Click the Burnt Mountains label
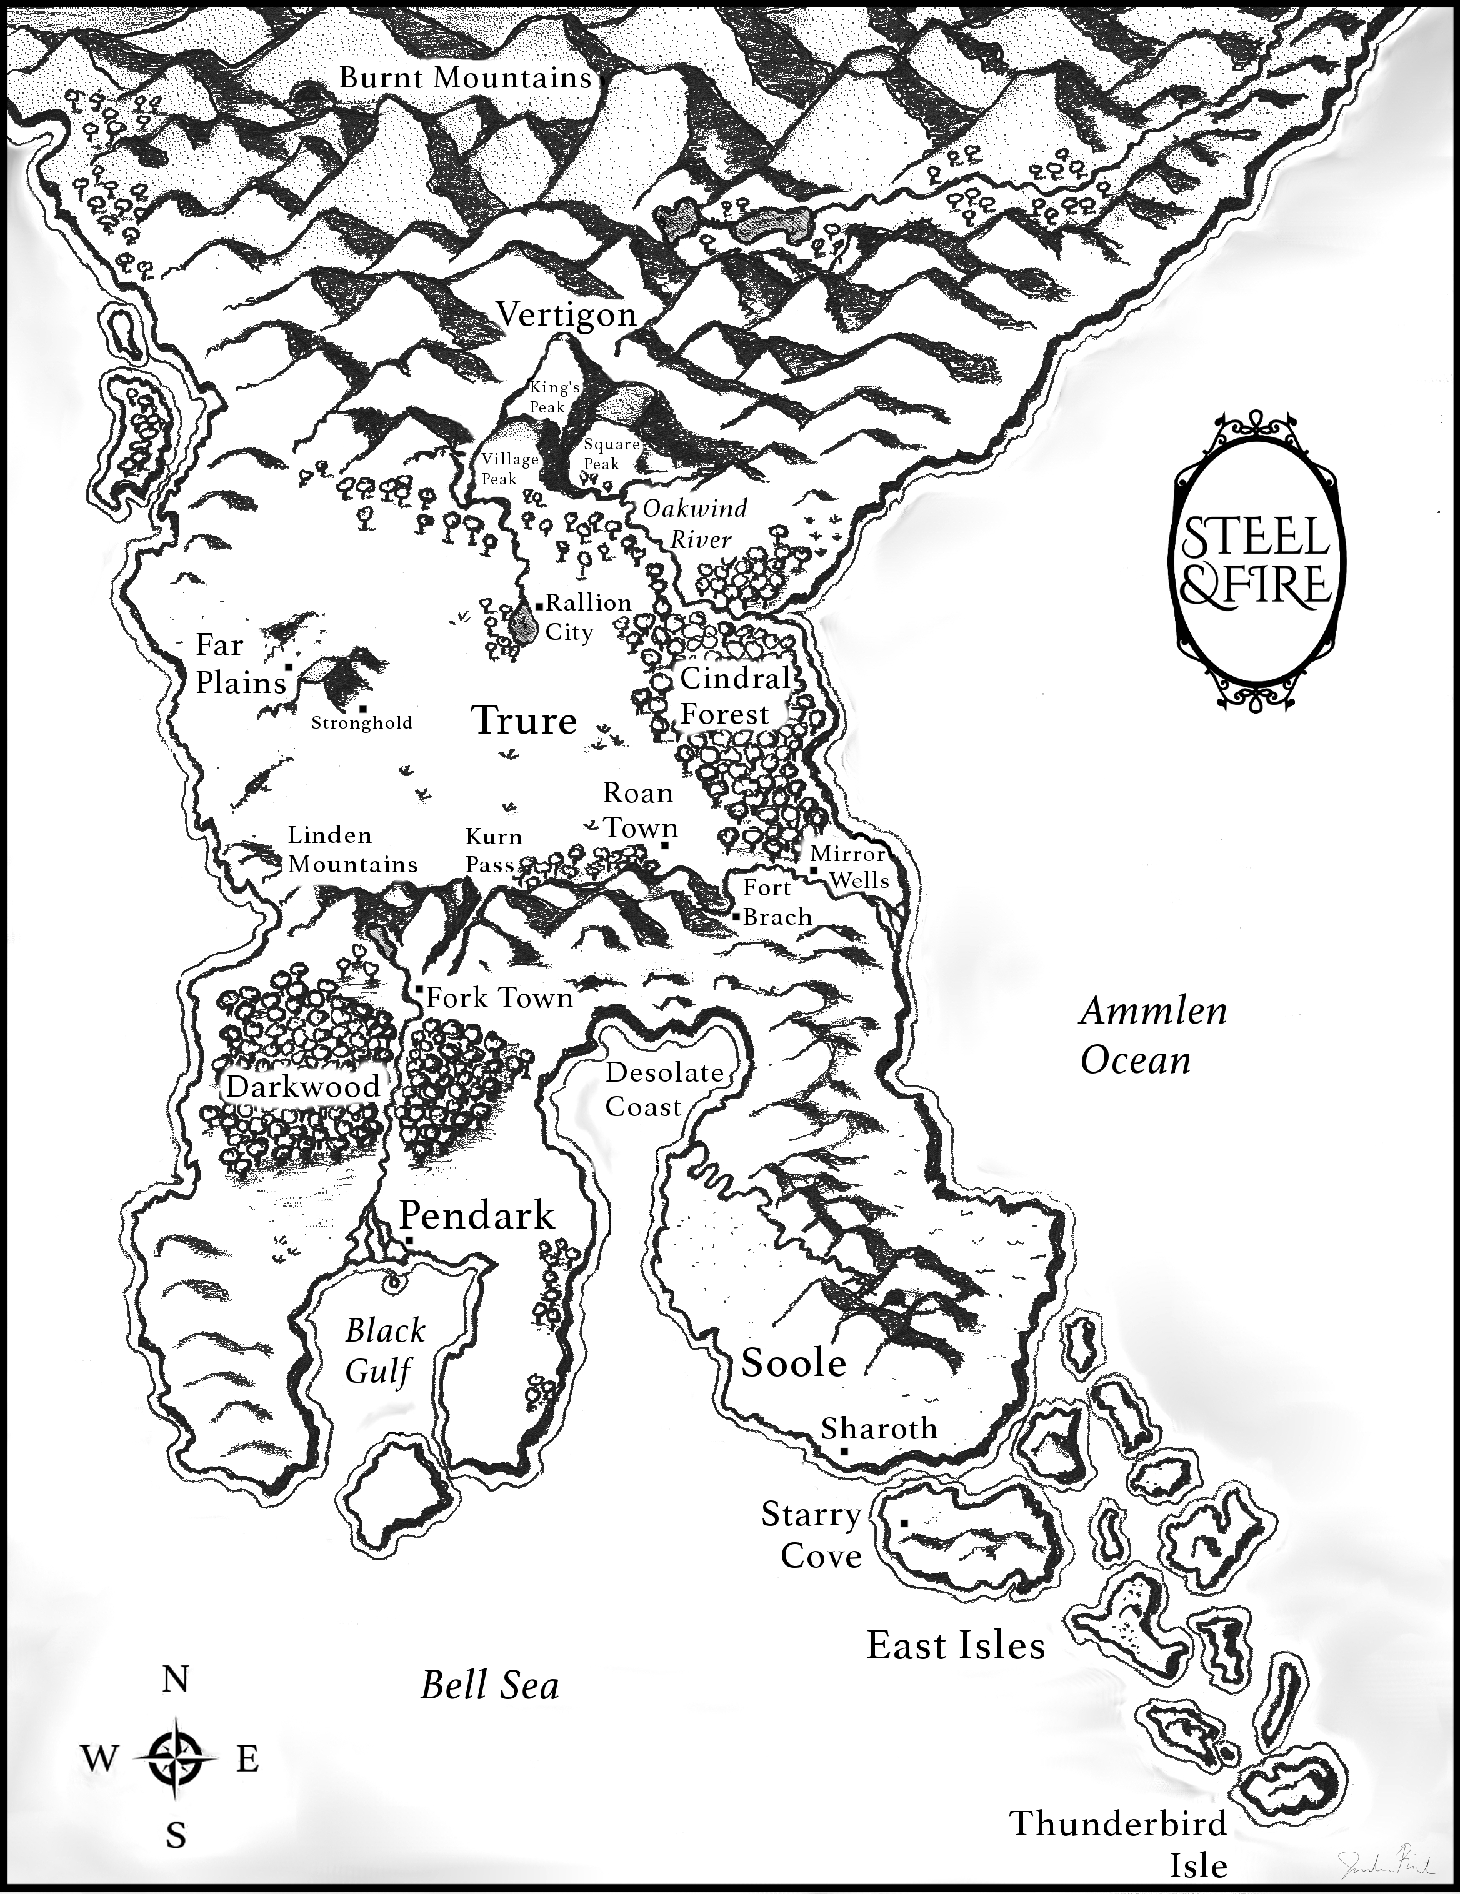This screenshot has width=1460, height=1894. click(465, 78)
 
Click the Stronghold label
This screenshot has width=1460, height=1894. click(362, 722)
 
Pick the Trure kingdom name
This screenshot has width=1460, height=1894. click(524, 720)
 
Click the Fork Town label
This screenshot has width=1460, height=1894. click(499, 998)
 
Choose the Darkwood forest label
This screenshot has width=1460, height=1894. click(302, 1086)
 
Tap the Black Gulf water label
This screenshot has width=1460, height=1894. click(382, 1352)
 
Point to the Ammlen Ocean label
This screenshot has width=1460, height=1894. click(1153, 1035)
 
